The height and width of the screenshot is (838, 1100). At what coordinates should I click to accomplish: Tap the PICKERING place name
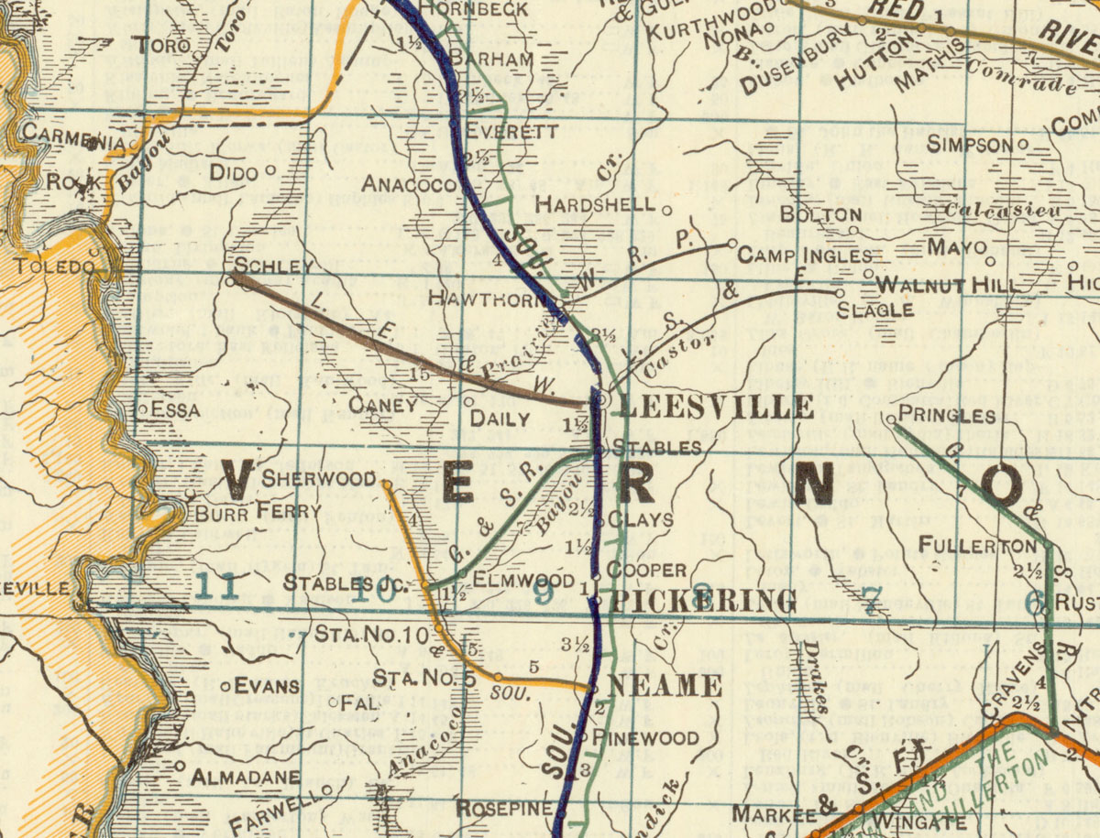pos(703,602)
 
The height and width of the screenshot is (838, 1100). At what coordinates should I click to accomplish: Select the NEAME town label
pos(665,685)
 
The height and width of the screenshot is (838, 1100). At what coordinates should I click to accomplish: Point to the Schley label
pos(274,266)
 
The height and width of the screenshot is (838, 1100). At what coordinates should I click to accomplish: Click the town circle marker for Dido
pos(269,170)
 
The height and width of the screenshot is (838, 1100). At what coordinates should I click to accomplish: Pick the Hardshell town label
pos(595,203)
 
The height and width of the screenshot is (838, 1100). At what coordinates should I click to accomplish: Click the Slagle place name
pos(874,310)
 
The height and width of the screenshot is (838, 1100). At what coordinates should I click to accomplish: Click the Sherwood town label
pos(318,478)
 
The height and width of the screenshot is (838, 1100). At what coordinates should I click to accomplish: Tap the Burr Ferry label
pos(258,511)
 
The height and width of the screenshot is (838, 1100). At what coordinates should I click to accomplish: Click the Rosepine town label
pos(504,809)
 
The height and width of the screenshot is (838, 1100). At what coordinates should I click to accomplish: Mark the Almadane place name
pos(245,778)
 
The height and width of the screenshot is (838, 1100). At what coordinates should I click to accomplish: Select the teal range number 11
pos(217,587)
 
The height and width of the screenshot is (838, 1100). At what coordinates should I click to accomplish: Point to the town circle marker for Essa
pos(142,409)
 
